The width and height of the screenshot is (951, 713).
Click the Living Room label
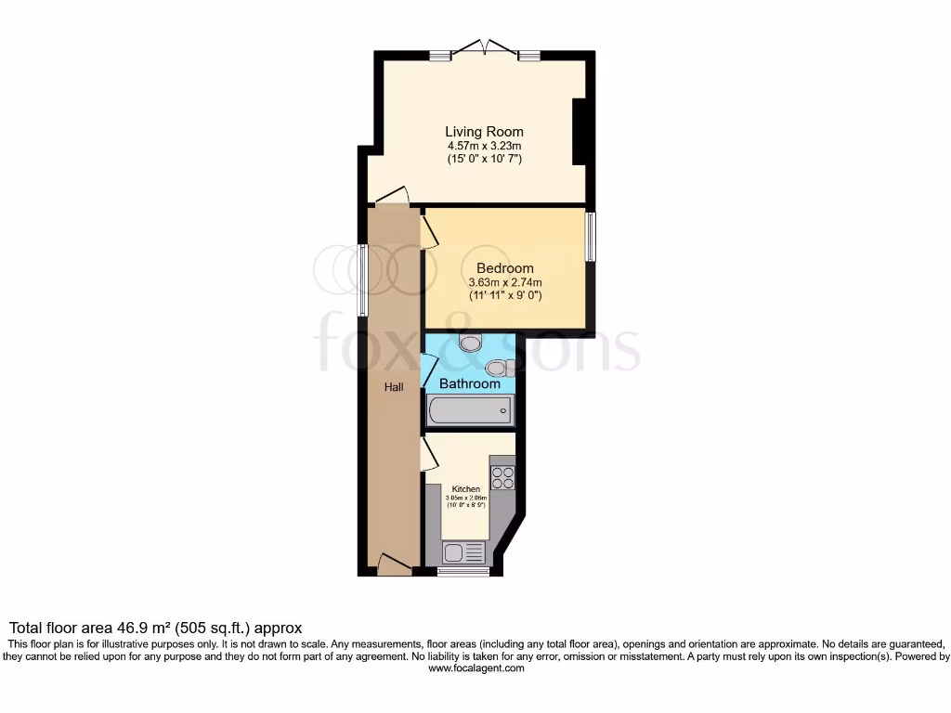pos(484,132)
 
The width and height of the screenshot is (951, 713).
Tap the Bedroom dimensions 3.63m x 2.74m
pos(505,282)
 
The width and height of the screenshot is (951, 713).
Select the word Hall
pos(394,387)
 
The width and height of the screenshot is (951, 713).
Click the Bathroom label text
pos(470,383)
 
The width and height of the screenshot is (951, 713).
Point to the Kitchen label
pos(466,489)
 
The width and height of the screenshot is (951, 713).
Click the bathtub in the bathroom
pos(469,410)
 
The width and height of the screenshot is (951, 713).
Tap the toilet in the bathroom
pos(472,344)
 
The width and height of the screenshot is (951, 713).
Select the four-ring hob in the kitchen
pos(502,477)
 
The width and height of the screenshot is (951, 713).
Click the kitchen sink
pos(463,553)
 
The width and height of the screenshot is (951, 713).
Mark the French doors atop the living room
pos(485,49)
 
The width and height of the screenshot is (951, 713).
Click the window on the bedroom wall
pos(590,237)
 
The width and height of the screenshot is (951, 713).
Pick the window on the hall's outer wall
pos(362,279)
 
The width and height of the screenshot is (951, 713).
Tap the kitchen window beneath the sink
pos(463,572)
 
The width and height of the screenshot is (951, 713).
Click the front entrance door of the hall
pos(394,563)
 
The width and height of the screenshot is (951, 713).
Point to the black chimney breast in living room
pos(580,131)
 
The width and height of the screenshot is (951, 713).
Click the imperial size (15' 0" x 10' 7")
pos(484,159)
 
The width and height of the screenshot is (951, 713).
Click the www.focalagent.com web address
pos(475,668)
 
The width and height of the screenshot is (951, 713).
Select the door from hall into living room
pos(392,195)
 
